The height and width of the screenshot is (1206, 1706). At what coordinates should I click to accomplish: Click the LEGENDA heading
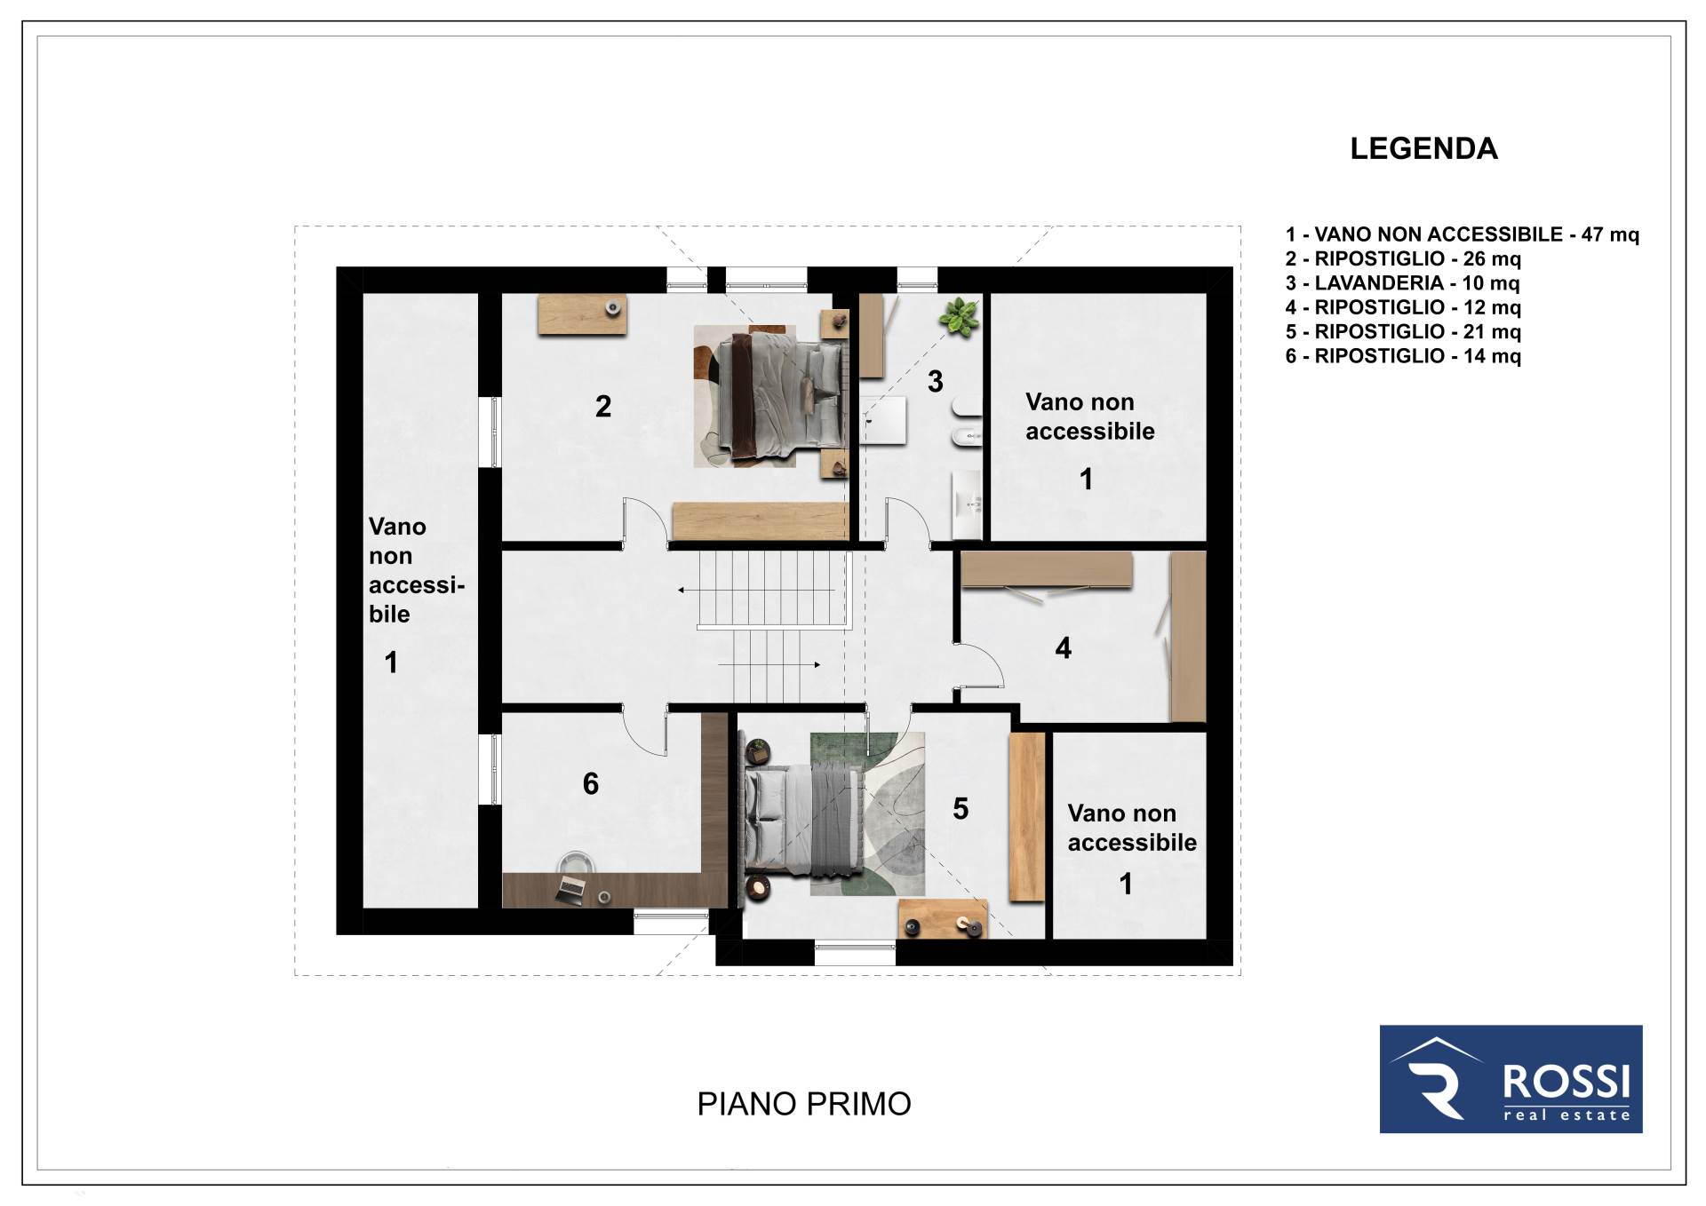coord(1423,148)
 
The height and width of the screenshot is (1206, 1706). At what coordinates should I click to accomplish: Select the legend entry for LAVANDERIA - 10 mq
coord(1402,283)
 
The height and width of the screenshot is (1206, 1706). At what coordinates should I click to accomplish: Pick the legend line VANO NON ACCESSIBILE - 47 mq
coord(1462,234)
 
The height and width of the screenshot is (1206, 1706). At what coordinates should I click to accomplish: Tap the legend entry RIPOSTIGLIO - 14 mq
coord(1403,356)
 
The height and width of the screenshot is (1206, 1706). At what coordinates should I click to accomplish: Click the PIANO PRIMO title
coord(804,1104)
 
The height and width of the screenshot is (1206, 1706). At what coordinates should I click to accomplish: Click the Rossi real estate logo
coord(1511,1079)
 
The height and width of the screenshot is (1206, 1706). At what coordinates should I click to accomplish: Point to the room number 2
coord(603,407)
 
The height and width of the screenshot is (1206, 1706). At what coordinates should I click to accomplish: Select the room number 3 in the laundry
coord(935,382)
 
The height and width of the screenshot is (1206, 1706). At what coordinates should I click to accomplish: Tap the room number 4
coord(1063,648)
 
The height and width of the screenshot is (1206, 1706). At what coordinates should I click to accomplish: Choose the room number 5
coord(961,809)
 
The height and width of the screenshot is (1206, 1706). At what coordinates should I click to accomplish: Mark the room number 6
coord(591,783)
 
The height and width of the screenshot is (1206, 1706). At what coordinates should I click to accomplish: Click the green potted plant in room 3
coord(959,317)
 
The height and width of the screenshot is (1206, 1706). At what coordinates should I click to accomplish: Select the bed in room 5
coord(804,820)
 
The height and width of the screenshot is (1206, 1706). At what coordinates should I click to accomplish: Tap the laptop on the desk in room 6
coord(570,888)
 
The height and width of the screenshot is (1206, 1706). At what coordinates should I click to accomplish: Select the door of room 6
coord(644,730)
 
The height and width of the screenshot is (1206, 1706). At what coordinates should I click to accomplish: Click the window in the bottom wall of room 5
coord(855,953)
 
